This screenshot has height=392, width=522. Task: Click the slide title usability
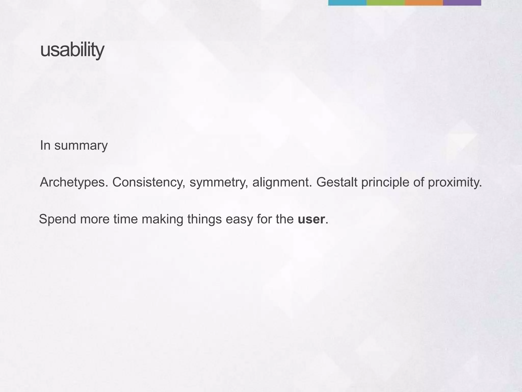[x=72, y=50]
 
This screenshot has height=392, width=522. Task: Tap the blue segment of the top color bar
[x=347, y=3]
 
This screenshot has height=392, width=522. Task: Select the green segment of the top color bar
[x=385, y=3]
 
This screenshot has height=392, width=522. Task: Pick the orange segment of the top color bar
[x=424, y=3]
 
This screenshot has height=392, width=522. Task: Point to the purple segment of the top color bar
[x=462, y=3]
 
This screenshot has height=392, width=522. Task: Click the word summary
[x=81, y=146]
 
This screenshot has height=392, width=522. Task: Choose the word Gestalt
[x=337, y=182]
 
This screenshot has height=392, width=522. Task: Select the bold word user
[x=311, y=219]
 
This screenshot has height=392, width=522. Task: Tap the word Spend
[x=58, y=219]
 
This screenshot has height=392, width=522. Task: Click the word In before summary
[x=45, y=145]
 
